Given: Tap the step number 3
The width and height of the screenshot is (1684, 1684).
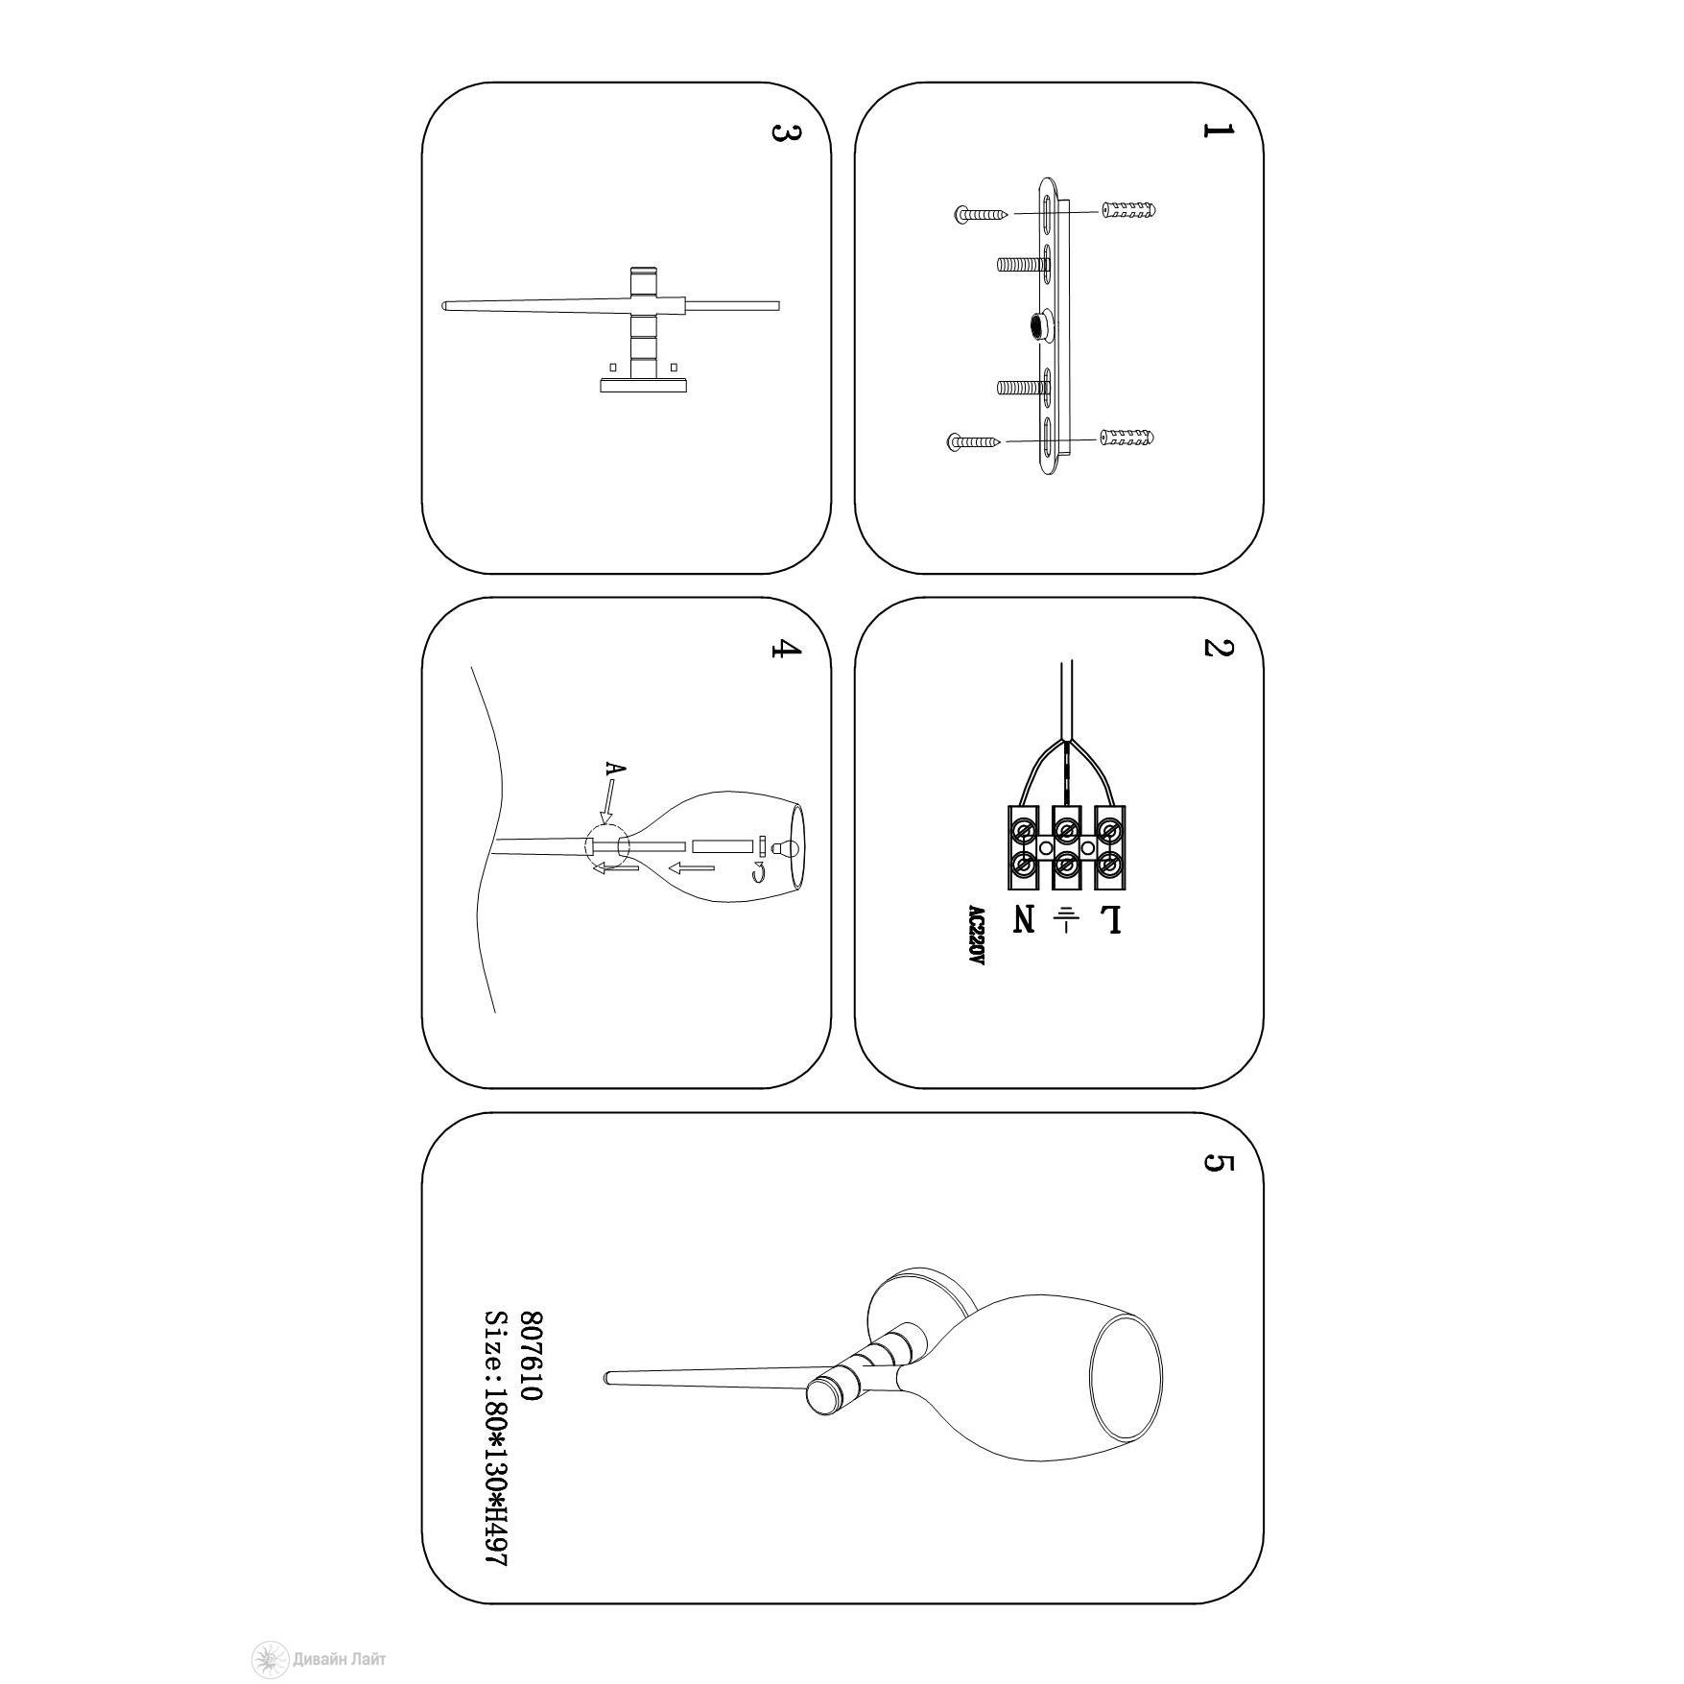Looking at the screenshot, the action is coord(786,132).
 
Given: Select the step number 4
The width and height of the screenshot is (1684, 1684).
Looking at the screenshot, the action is coord(786,649).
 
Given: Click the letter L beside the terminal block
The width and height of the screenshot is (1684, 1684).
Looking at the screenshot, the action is coord(1110,919).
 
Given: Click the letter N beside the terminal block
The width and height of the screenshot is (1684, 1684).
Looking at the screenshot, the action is coord(1024,919).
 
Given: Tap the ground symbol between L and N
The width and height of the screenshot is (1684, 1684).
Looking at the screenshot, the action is coord(1066,919).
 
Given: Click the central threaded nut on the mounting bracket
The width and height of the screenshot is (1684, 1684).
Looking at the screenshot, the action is coord(1040,324).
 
